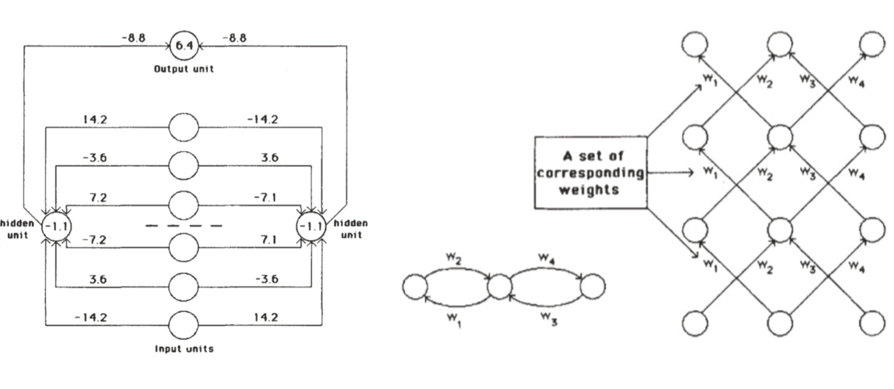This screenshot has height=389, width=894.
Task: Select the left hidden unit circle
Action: coord(56,227)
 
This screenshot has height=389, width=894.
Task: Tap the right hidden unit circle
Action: coord(311,227)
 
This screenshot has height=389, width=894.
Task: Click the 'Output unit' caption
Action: coord(184,69)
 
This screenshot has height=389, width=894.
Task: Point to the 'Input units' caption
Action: coord(184,348)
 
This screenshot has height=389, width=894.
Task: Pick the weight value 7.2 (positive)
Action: coord(98,198)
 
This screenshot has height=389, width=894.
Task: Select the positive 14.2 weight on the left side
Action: coord(95,120)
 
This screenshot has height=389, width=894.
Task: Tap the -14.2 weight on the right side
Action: coord(263,120)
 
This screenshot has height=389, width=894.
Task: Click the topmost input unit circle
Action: coord(184,127)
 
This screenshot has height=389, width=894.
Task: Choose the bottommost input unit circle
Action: coord(184,325)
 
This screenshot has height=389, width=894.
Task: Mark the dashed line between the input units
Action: coord(184,226)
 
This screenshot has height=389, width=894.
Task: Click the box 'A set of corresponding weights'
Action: coord(591,172)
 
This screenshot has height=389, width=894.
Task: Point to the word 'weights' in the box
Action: coord(589,190)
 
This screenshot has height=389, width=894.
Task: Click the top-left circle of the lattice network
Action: coord(695,44)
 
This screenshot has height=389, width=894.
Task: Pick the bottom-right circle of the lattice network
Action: coord(872,323)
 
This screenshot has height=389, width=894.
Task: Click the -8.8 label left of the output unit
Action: coord(134,38)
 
